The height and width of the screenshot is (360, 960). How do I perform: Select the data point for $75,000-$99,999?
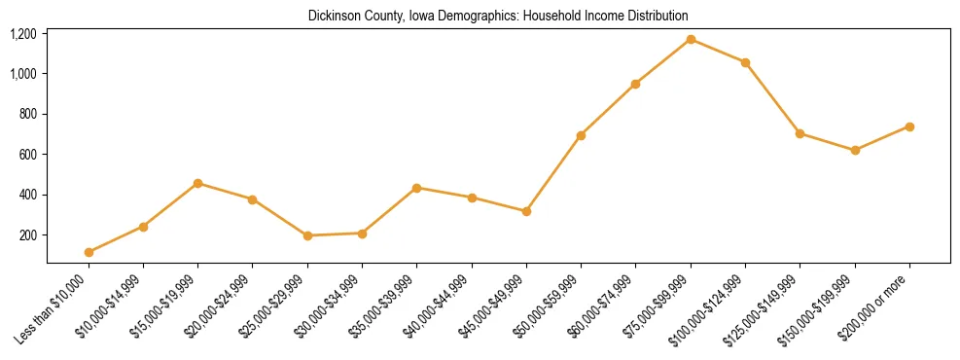click(691, 40)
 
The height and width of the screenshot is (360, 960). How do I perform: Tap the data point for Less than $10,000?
click(89, 252)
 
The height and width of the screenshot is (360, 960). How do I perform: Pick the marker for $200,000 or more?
click(909, 126)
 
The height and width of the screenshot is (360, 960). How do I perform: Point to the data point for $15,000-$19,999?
click(197, 183)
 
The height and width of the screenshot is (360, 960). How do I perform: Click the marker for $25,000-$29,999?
click(307, 235)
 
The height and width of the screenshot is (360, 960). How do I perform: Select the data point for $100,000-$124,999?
click(745, 62)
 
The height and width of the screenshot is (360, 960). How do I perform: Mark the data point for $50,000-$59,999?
click(581, 135)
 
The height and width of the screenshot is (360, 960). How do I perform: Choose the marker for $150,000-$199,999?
click(855, 150)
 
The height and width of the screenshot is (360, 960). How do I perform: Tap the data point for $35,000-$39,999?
click(416, 188)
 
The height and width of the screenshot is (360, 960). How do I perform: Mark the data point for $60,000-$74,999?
click(635, 84)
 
